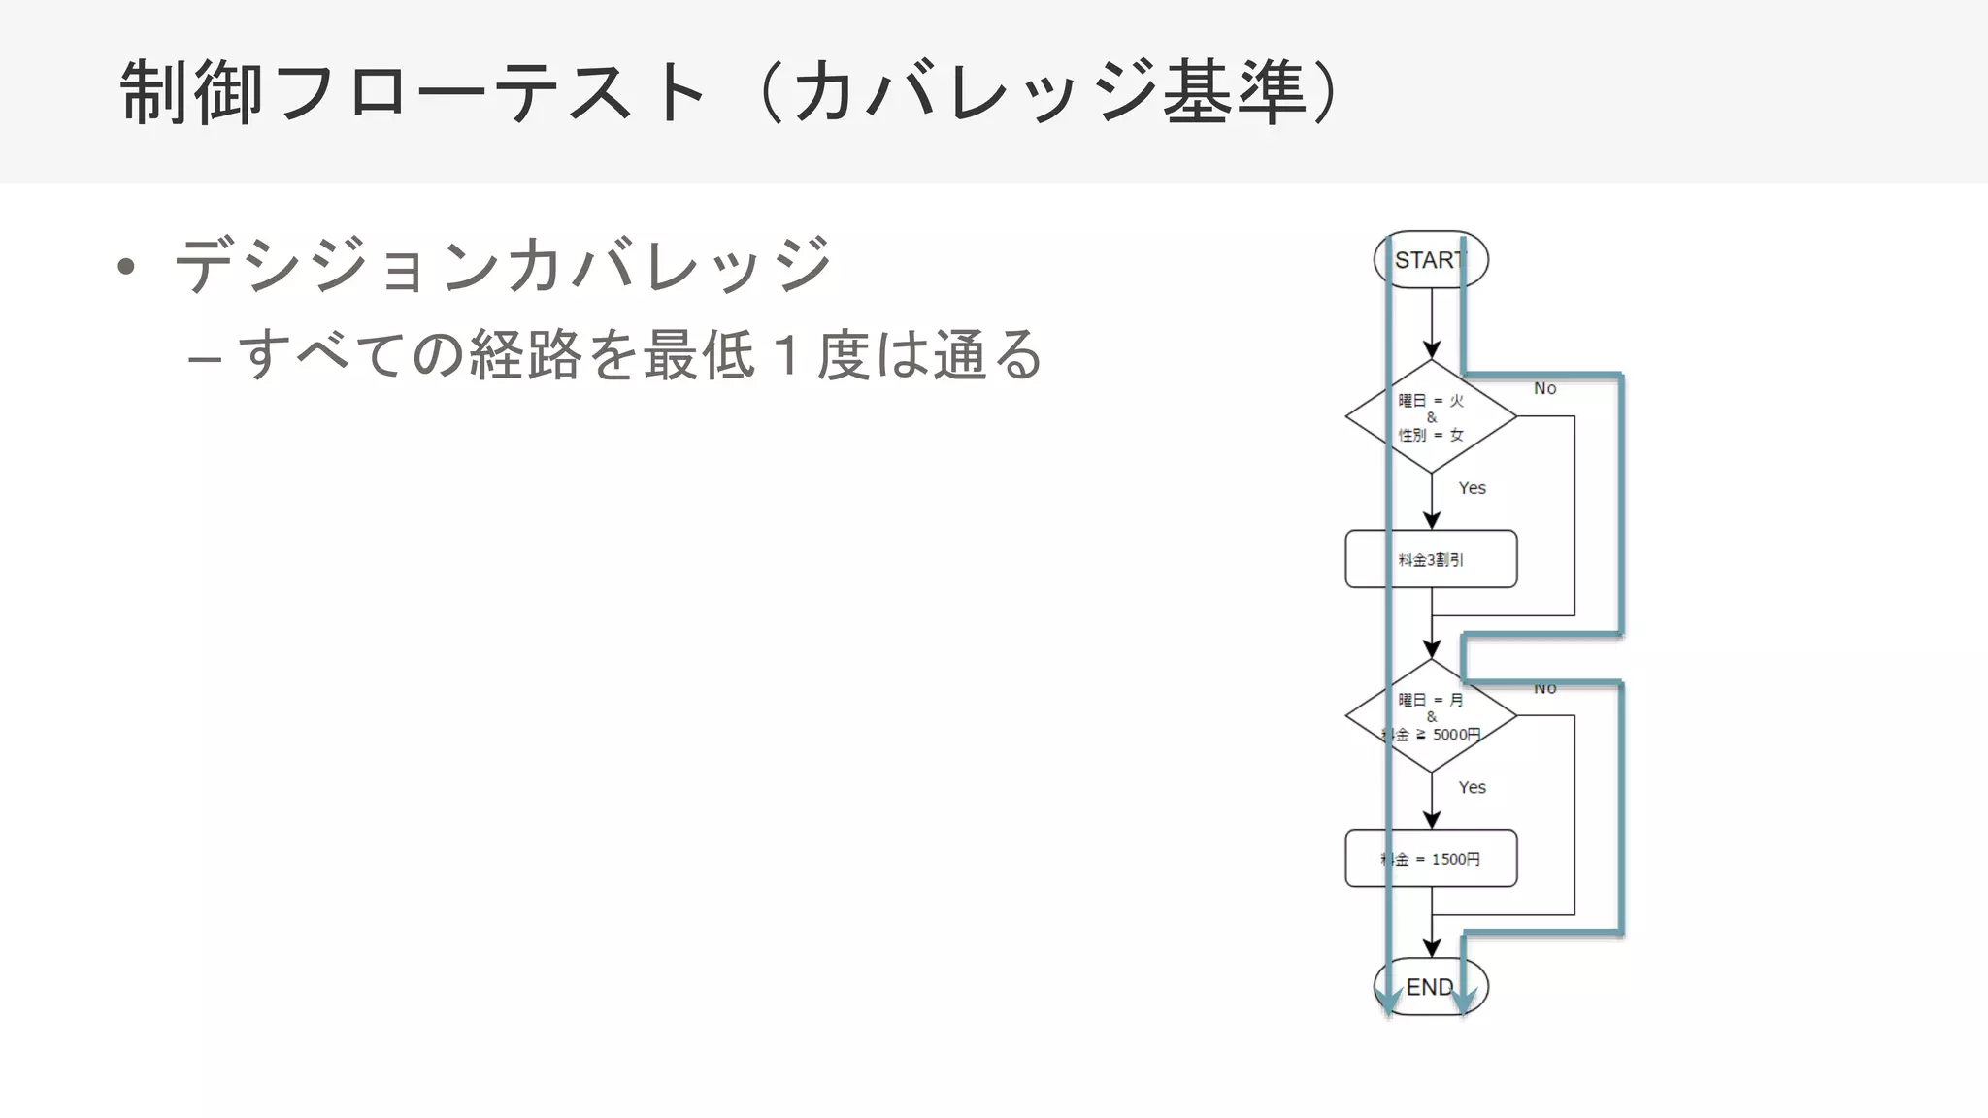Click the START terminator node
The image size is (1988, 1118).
coord(1430,260)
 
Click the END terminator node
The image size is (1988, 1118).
coord(1430,987)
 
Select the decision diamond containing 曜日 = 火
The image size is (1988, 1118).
coord(1430,416)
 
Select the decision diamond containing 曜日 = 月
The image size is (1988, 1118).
coord(1430,716)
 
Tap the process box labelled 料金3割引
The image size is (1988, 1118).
coord(1430,559)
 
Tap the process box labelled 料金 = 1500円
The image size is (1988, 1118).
coord(1430,859)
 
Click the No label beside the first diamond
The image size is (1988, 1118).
coord(1544,388)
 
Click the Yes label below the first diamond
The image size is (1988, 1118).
coord(1472,488)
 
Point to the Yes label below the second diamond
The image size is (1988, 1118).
coord(1472,787)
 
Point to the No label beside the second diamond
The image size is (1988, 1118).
coord(1544,689)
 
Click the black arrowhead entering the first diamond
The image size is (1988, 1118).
coord(1431,350)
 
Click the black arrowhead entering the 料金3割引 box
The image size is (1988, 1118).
coord(1431,521)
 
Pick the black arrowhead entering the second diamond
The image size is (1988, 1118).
coord(1431,649)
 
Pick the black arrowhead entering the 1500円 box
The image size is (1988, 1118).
coord(1431,820)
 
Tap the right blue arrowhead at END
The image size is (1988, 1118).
coord(1463,1000)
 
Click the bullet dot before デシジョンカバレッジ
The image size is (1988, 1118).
coord(125,266)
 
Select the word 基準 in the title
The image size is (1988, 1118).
coord(1234,93)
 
